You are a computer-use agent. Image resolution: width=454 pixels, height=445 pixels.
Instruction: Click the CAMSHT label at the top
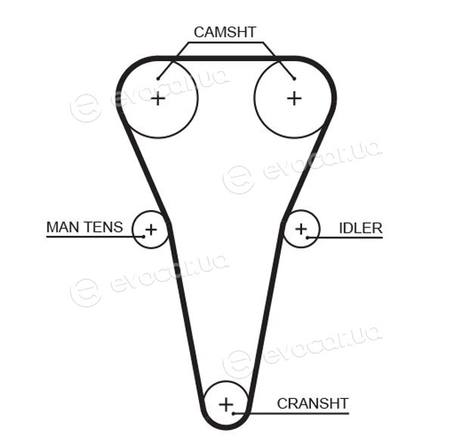(x=225, y=32)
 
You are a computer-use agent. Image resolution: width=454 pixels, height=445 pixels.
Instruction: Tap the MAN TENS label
(x=85, y=227)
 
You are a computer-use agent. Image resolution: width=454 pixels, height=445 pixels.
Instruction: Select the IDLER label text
(x=361, y=228)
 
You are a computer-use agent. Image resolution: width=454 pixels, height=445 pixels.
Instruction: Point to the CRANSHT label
(x=313, y=403)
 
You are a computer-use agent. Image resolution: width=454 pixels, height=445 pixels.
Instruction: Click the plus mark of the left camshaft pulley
(x=158, y=99)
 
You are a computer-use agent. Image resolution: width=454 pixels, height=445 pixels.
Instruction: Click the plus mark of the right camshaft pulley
(x=294, y=98)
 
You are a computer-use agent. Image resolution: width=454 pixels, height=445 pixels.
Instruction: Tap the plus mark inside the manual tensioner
(x=151, y=230)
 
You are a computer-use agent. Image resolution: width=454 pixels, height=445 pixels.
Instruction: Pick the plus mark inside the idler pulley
(x=301, y=229)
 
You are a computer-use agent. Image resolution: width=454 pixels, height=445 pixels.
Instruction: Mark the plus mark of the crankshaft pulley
(x=225, y=404)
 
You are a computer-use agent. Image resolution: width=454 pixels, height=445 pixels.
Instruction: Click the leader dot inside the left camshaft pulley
(x=158, y=79)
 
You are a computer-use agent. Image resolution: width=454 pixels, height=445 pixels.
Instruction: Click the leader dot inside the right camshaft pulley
(x=294, y=79)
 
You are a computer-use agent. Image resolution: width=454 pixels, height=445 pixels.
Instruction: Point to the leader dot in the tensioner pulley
(x=144, y=236)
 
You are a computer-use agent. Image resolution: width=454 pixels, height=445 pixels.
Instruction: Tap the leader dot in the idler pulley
(x=307, y=238)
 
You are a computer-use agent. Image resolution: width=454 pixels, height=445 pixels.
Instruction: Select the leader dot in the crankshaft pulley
(x=233, y=413)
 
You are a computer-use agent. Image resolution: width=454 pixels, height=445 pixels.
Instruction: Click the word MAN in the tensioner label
(x=61, y=227)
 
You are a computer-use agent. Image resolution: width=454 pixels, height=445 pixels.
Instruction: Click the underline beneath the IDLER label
(x=345, y=238)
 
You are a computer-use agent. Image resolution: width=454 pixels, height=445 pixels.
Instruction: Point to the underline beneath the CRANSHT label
(x=291, y=413)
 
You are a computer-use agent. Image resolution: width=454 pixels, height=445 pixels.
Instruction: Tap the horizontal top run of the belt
(x=225, y=58)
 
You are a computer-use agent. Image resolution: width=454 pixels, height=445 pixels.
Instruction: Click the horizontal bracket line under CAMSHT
(x=225, y=43)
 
